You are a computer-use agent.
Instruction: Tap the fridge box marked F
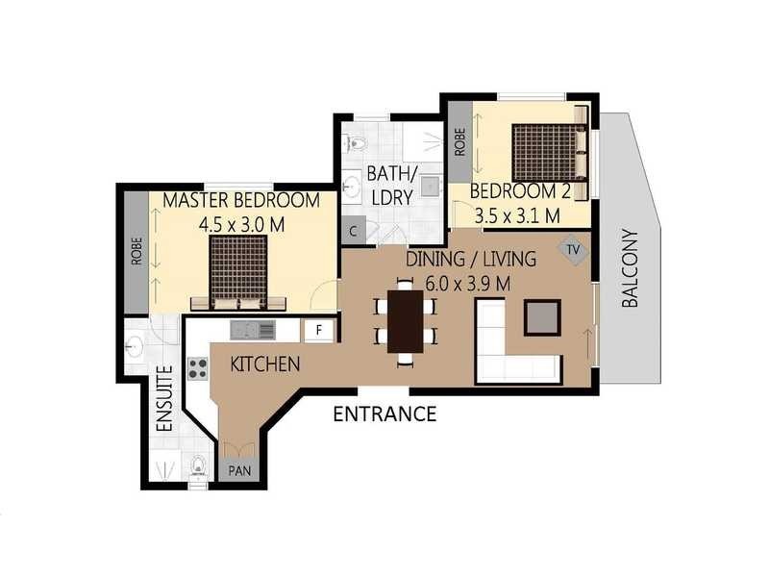(x=318, y=330)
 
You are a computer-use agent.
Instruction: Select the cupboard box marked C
(x=353, y=231)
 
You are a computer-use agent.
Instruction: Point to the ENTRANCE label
(x=384, y=414)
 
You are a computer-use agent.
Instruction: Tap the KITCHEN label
(x=265, y=364)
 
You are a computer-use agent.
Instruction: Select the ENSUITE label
(x=164, y=398)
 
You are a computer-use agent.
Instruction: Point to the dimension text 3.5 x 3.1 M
(x=515, y=215)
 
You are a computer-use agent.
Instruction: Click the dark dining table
(x=406, y=321)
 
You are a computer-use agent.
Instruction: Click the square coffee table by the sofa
(x=542, y=316)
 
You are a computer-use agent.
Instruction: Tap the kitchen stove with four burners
(x=198, y=367)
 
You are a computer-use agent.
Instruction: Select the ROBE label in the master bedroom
(x=136, y=252)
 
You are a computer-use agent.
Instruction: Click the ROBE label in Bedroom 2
(x=459, y=141)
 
